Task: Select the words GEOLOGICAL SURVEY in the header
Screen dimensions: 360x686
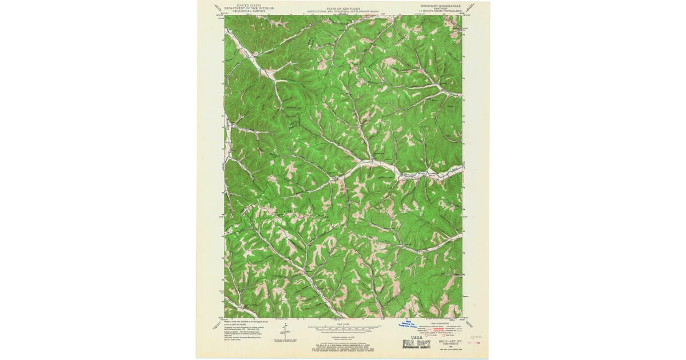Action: pos(249,11)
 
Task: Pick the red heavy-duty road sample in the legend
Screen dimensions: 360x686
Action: pos(438,328)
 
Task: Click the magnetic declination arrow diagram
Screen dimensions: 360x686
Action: pos(285,331)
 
